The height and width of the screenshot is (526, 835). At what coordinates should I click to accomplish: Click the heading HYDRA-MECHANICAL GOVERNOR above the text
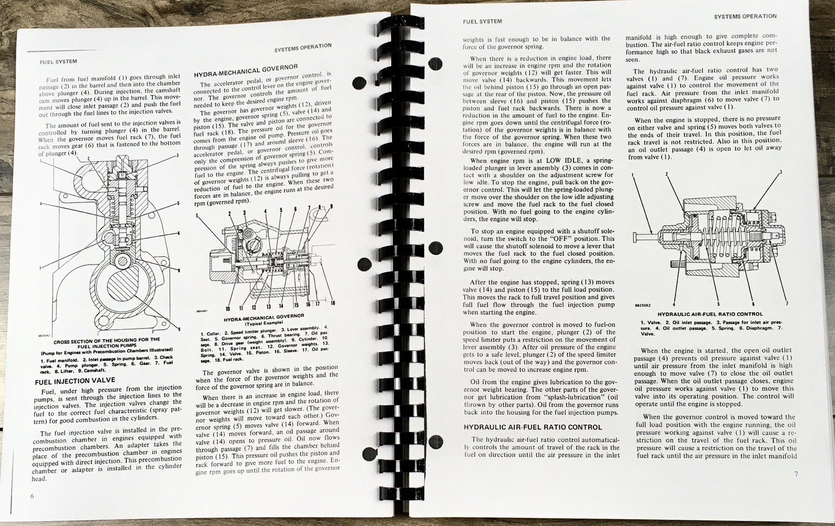click(x=246, y=70)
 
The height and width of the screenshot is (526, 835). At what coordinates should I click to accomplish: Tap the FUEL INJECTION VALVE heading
click(x=75, y=381)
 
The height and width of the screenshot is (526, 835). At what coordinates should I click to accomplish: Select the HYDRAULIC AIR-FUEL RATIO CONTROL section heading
click(x=533, y=427)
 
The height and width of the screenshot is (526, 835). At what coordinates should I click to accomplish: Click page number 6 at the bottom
click(x=32, y=496)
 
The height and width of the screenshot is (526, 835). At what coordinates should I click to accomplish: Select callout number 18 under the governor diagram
click(x=332, y=304)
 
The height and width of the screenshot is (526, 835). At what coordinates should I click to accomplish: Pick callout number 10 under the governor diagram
click(x=228, y=308)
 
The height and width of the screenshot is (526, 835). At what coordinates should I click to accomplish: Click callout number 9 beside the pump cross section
click(x=179, y=329)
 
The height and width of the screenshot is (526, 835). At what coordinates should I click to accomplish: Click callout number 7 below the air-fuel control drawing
click(x=786, y=304)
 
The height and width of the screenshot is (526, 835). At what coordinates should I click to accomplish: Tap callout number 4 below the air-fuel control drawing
click(x=674, y=304)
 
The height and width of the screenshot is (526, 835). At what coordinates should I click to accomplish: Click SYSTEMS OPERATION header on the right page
click(x=746, y=16)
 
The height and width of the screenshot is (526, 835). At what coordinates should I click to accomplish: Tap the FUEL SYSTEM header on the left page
click(x=58, y=62)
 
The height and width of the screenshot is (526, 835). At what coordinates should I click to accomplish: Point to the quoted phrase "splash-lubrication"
click(x=567, y=397)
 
